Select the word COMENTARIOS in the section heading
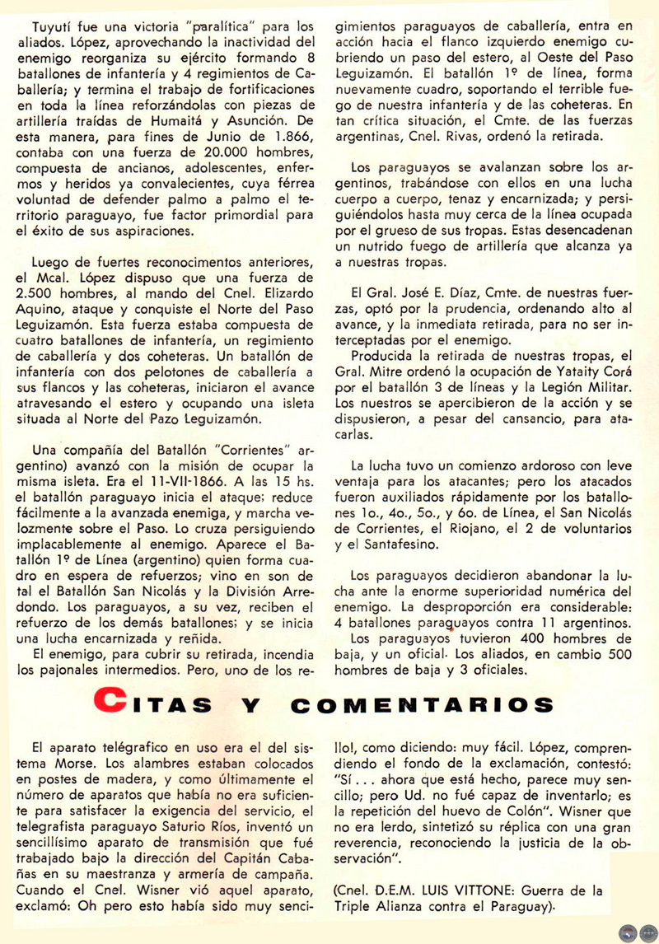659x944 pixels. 423,705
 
